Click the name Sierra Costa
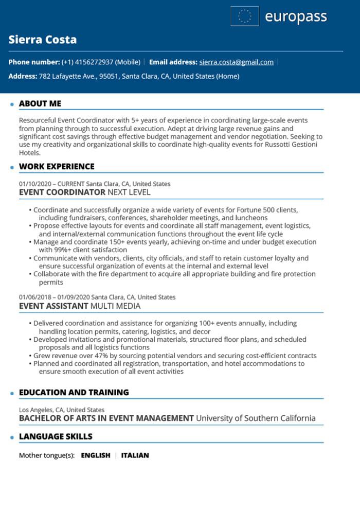43,40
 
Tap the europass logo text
296,16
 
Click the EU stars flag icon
245,16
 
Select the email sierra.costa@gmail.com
236,62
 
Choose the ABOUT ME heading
40,103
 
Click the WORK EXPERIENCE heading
57,166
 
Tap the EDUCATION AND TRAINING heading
74,392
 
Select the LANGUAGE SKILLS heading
56,436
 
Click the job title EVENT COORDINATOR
62,192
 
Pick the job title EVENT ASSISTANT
53,306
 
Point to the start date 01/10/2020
35,184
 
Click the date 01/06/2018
35,297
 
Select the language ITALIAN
135,455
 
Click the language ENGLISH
96,455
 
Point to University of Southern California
256,418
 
